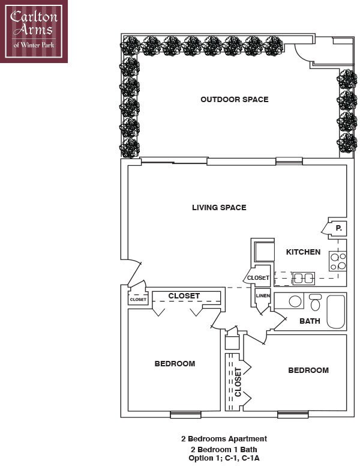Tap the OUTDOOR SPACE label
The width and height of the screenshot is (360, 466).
pyautogui.click(x=234, y=99)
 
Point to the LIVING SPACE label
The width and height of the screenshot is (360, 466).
pyautogui.click(x=219, y=208)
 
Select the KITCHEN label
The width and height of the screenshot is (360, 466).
pyautogui.click(x=303, y=252)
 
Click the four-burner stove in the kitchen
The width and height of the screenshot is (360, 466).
pyautogui.click(x=338, y=261)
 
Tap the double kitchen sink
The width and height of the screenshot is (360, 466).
pyautogui.click(x=303, y=277)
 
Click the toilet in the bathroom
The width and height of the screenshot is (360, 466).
pyautogui.click(x=316, y=302)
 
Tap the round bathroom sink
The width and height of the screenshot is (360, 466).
pyautogui.click(x=294, y=301)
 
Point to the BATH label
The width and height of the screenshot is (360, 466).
pyautogui.click(x=310, y=321)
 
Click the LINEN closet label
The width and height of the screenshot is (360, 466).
pyautogui.click(x=262, y=295)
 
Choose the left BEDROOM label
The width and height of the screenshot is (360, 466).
pyautogui.click(x=175, y=363)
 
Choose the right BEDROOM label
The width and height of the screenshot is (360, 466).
pyautogui.click(x=308, y=370)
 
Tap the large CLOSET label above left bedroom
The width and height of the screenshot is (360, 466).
pyautogui.click(x=184, y=296)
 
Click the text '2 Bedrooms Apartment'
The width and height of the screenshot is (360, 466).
pyautogui.click(x=224, y=439)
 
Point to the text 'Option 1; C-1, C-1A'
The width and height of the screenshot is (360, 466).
pyautogui.click(x=224, y=458)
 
